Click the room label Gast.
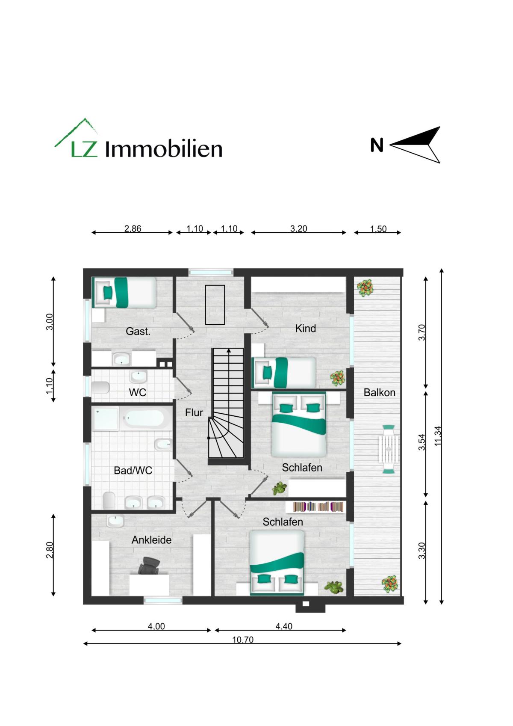138,331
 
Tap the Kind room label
305,328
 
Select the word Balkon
379,392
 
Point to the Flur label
194,412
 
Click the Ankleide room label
151,539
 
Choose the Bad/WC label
133,470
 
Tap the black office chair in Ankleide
149,566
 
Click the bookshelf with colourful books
318,507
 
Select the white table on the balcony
389,449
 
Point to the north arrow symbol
415,145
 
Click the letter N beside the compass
377,145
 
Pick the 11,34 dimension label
438,436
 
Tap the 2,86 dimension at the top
133,228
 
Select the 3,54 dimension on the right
422,442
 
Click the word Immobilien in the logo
164,149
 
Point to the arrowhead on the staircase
229,350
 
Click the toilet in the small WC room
100,387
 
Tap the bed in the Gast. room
124,292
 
